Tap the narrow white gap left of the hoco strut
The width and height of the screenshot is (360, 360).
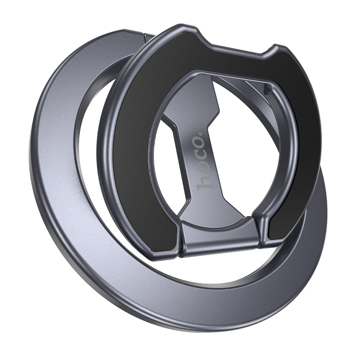[x=173, y=162]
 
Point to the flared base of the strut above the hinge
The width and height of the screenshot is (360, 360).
[x=216, y=211]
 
